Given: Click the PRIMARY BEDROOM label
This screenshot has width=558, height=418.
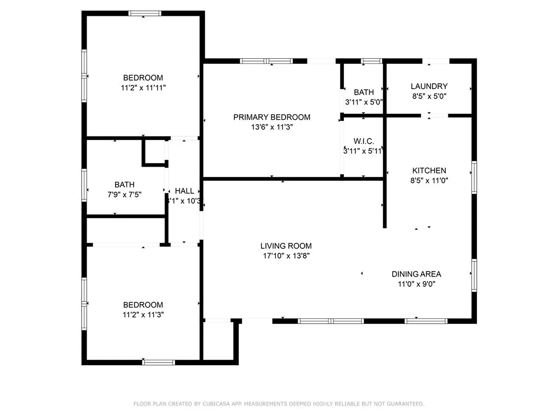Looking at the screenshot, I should coord(271,117).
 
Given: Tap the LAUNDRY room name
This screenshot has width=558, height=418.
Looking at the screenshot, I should coord(429,86).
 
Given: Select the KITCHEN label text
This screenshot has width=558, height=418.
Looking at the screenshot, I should coord(429,170).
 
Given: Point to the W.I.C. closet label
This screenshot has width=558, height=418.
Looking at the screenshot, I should coord(363,142).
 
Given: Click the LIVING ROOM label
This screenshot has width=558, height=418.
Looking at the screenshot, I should coord(286,246).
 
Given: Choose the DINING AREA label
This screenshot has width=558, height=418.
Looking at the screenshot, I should coord(416,274).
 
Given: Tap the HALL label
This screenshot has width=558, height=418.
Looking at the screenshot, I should coord(185,191).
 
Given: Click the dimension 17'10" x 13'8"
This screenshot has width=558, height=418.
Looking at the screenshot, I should coord(286,256).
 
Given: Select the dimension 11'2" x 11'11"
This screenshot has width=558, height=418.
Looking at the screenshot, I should coord(143,87).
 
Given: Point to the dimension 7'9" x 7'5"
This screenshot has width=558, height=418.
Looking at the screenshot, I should coord(124,194).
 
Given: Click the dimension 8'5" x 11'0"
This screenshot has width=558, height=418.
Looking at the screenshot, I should coord(429,180).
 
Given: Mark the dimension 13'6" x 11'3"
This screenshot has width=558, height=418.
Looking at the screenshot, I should coord(271,127).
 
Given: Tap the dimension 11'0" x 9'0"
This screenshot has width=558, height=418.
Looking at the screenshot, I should coord(416,284).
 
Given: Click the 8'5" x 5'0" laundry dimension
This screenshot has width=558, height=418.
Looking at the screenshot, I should coord(429,96).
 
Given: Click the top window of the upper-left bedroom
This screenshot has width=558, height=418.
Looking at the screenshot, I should coord(144,13).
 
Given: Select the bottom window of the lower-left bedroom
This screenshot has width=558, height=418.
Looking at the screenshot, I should coord(159,362).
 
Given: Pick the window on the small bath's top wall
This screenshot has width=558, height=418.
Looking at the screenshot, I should coord(372,61).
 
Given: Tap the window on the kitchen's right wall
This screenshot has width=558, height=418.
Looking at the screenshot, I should coord(474,177).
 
